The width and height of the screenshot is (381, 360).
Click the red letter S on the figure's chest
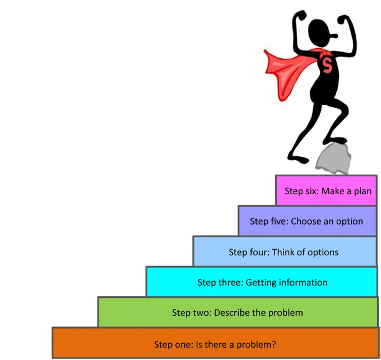click(327, 64)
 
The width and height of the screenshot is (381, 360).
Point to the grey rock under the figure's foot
click(333, 159)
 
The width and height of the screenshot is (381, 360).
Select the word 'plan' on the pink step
click(363, 191)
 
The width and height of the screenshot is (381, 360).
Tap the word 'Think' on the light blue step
click(282, 252)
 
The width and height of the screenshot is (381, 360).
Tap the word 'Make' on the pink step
click(333, 191)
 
